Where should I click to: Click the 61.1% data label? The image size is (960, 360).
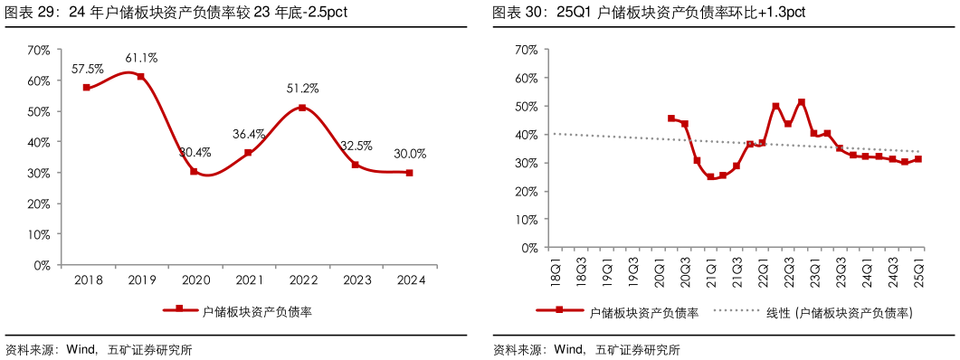pyautogui.click(x=140, y=58)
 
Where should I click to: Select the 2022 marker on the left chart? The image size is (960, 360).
pyautogui.click(x=302, y=108)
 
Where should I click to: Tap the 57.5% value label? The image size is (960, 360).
pyautogui.click(x=86, y=69)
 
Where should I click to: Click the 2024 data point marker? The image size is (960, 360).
pyautogui.click(x=409, y=173)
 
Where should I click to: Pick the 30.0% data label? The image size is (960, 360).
pyautogui.click(x=409, y=154)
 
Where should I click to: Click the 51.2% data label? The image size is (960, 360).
pyautogui.click(x=302, y=89)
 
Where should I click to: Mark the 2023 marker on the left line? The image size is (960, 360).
pyautogui.click(x=356, y=165)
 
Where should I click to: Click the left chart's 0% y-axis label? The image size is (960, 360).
pyautogui.click(x=42, y=265)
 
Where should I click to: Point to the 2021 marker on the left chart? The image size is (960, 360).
pyautogui.click(x=248, y=153)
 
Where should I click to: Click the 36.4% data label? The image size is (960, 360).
pyautogui.click(x=248, y=134)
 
